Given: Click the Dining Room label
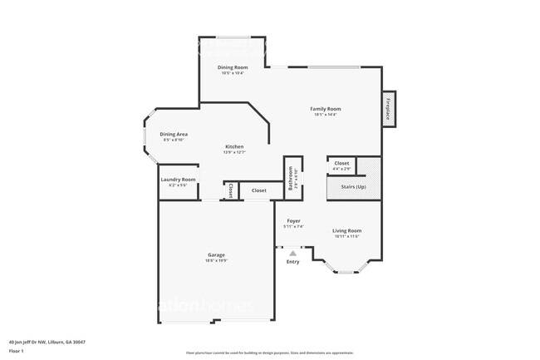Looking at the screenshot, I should tap(233, 67).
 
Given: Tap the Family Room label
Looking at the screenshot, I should tap(326, 109).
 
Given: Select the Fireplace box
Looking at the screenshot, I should tap(387, 108).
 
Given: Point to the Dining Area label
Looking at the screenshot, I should tap(174, 134).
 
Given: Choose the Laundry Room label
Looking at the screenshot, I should tap(178, 180).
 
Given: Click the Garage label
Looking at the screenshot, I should tap(216, 254).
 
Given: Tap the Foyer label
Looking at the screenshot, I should tap(293, 221).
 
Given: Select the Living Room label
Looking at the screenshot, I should tap(347, 230).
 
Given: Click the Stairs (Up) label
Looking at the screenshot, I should tap(349, 187).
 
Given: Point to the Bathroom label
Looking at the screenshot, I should tap(291, 178).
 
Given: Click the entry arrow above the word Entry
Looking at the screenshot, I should tap(292, 254).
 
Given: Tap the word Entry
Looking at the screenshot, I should tap(292, 262).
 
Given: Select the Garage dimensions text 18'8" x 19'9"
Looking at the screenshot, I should tap(216, 260).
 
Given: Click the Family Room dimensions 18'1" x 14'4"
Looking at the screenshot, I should tap(326, 115).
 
